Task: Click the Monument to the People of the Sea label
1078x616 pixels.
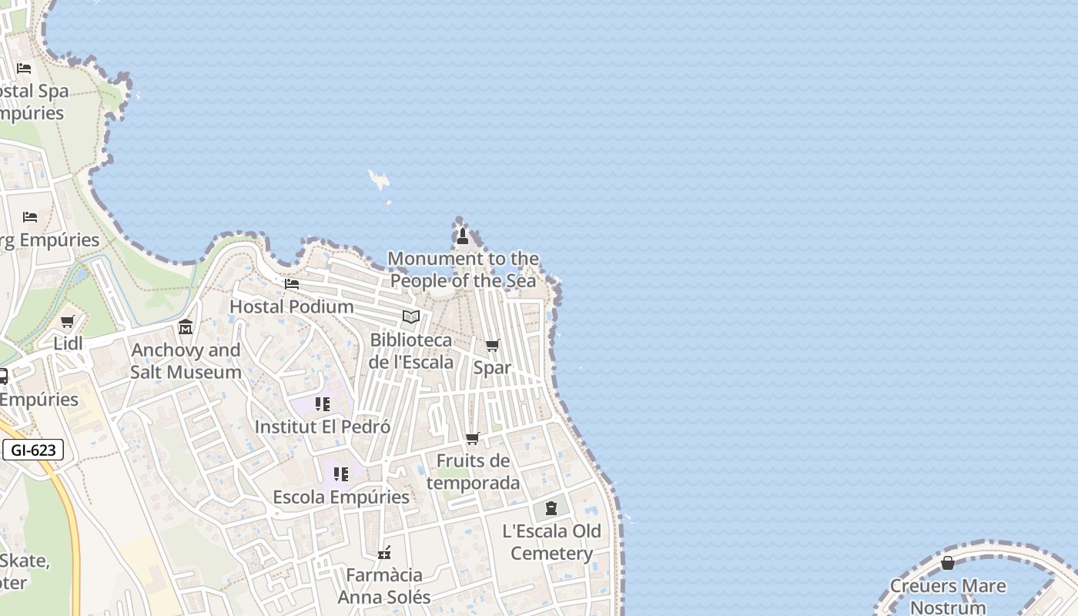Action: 463,269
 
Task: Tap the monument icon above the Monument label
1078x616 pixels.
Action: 463,236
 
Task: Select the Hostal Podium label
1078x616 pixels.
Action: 292,306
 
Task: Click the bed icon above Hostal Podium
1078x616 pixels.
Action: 292,283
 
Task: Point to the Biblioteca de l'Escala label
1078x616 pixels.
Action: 411,350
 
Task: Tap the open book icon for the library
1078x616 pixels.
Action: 411,316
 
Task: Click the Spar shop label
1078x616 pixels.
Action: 492,368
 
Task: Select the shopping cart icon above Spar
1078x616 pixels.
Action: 492,345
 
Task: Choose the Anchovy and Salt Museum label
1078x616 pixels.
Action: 186,361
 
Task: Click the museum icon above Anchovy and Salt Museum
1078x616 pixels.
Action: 186,327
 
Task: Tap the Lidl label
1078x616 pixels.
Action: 68,343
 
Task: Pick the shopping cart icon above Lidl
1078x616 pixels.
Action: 68,321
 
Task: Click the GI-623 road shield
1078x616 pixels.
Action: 33,450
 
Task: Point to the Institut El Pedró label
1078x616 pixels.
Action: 323,427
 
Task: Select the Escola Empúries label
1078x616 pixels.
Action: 341,497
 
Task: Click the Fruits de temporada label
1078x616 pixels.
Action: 473,472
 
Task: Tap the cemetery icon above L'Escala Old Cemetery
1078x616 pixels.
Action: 551,508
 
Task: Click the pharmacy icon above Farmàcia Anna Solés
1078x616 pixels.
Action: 384,552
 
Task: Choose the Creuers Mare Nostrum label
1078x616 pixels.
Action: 948,597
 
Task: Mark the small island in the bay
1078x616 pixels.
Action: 379,180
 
